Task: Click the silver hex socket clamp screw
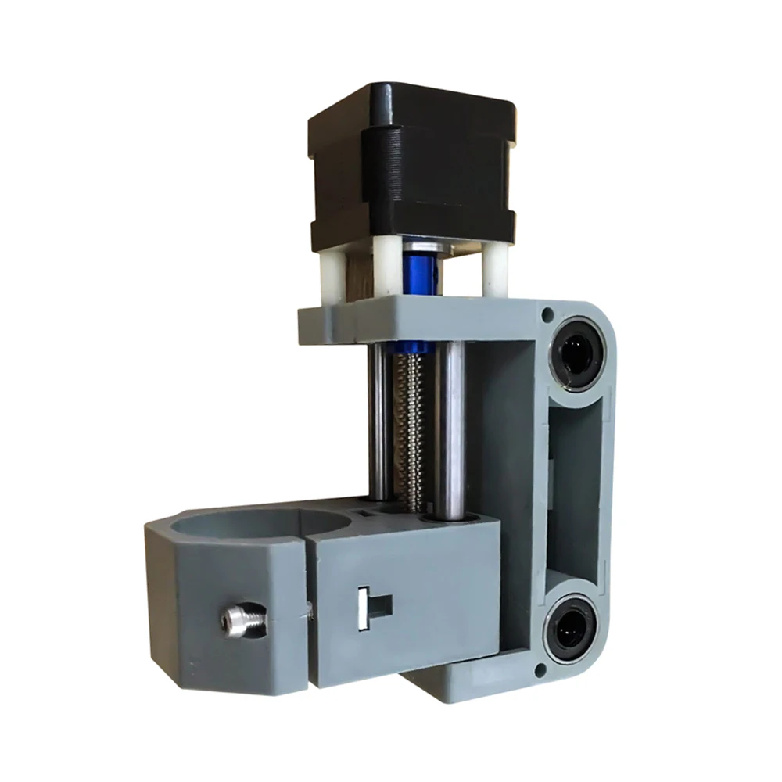237,621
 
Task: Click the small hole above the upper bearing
547,314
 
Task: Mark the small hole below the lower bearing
540,670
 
